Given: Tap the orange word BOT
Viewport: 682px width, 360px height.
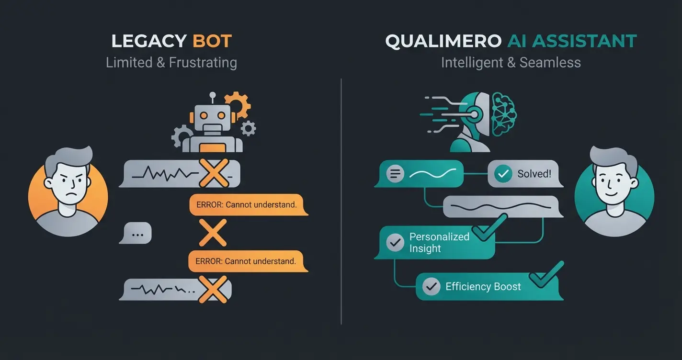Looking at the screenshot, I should (212, 41).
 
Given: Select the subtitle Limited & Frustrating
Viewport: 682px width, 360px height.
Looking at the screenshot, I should (171, 63).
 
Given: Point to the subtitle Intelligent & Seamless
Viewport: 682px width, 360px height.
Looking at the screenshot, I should (511, 63).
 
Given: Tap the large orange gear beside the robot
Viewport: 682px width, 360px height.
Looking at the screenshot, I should (237, 105).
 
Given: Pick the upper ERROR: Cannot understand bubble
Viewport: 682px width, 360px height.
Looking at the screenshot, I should (247, 205).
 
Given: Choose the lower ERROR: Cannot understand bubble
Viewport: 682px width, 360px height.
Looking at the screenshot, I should (247, 261).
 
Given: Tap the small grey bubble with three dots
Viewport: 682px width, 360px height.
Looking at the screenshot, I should (137, 235).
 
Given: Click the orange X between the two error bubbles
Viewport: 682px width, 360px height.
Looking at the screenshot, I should (212, 233).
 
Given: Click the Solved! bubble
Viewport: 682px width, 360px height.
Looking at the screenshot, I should (525, 174).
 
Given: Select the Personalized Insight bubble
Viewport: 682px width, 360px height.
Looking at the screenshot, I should (436, 242).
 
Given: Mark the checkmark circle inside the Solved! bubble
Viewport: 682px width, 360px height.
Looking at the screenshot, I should (503, 174).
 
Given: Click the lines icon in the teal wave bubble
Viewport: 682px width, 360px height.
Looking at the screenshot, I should (395, 174).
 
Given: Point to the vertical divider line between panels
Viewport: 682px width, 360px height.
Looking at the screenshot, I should (341, 201).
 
